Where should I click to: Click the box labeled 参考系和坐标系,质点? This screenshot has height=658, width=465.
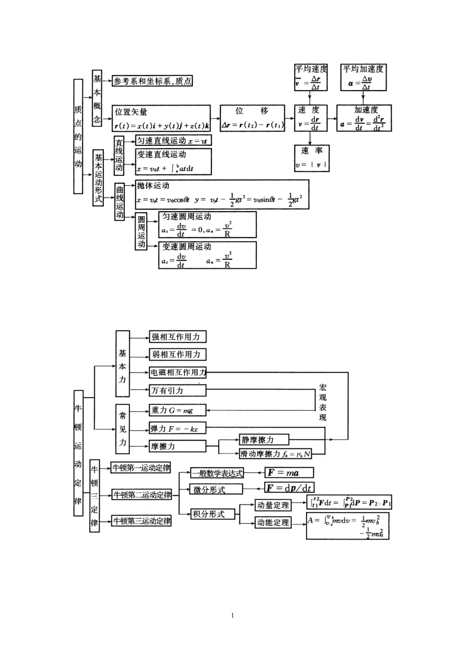(152, 81)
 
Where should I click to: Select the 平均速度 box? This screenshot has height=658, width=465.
(310, 77)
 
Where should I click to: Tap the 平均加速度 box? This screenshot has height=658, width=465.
(363, 77)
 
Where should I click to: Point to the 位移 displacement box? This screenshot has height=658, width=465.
(253, 118)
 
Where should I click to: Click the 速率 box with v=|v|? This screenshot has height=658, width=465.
(312, 158)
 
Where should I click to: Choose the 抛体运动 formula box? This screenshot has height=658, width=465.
(222, 194)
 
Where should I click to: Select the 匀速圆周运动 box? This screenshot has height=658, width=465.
(208, 225)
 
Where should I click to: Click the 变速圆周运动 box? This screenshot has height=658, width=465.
(208, 255)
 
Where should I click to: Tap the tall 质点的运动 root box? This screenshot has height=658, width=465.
(78, 136)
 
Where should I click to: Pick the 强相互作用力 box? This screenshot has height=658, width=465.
(177, 337)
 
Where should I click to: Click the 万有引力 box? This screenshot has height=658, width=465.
(177, 390)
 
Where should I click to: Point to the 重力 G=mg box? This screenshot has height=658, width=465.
(177, 410)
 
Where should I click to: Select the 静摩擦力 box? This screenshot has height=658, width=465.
(264, 440)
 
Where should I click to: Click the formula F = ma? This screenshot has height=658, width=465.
(289, 472)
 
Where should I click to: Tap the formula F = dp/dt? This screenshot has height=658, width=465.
(289, 488)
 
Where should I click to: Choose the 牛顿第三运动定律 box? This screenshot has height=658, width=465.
(142, 521)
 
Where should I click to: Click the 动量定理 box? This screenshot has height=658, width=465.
(273, 505)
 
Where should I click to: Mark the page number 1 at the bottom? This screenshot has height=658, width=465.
(232, 615)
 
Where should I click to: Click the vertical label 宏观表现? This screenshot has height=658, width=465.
(323, 402)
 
